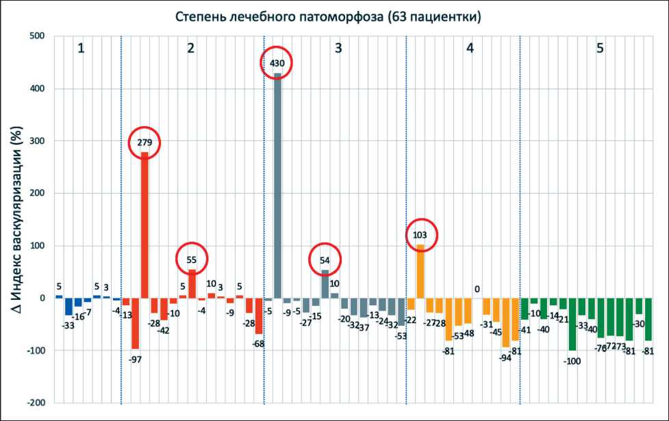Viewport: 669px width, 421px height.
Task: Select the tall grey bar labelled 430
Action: point(277,185)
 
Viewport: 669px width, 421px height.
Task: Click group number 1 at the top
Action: point(81,49)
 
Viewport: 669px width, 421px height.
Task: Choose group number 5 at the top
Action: point(600,49)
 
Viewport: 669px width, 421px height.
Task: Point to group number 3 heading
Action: point(339,49)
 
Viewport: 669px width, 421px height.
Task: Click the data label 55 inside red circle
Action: point(192,259)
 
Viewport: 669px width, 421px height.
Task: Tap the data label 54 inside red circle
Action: point(325,259)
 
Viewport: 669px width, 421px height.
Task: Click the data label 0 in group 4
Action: point(477,289)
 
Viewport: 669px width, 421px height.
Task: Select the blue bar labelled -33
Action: point(68,306)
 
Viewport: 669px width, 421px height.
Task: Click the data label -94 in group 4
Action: point(505,357)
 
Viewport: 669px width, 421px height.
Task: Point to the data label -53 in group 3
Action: point(401,335)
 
